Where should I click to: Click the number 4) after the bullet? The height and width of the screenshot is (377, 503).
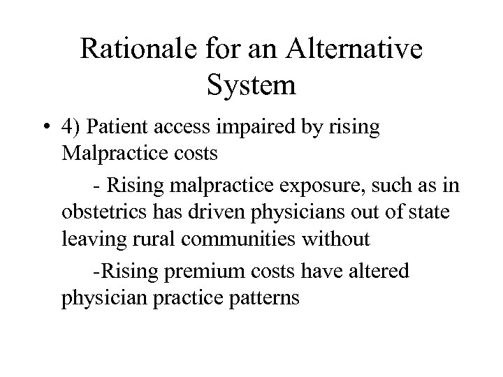point(73,128)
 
